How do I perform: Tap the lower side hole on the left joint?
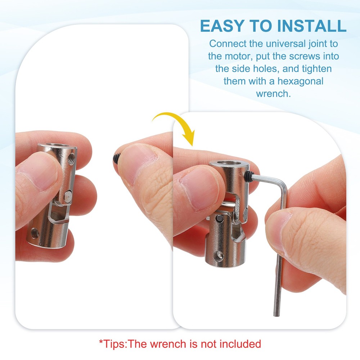tap(35, 233)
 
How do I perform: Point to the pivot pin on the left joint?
tap(68, 197)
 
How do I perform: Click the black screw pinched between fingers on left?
tap(116, 157)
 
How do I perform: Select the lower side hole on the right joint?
tap(219, 256)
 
